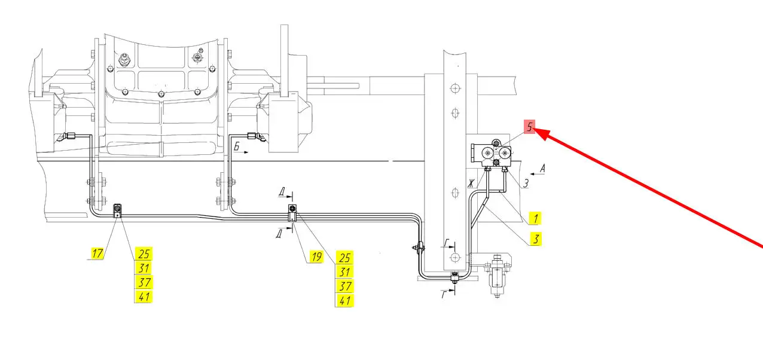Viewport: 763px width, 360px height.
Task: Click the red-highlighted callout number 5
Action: (x=529, y=127)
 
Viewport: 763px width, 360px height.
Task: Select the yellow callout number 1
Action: (x=535, y=218)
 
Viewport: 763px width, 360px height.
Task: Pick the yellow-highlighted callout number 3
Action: (x=536, y=239)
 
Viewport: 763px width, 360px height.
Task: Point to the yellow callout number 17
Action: (x=97, y=254)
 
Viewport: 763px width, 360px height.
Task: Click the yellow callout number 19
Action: (x=316, y=257)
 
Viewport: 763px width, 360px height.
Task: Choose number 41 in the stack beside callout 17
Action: (x=144, y=297)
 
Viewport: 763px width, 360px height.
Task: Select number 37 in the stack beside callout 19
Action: (x=344, y=286)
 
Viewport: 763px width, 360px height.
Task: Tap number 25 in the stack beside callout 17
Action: (x=144, y=254)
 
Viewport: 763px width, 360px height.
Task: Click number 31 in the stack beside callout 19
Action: (x=344, y=271)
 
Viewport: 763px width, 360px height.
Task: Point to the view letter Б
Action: (x=237, y=147)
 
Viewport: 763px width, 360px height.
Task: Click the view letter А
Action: (x=542, y=168)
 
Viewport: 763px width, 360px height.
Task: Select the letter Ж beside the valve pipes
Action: (x=471, y=184)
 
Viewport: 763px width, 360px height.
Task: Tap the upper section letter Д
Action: (x=282, y=193)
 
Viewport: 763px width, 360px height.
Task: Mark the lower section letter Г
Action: (x=444, y=294)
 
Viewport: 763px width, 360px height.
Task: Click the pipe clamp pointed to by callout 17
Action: (x=117, y=210)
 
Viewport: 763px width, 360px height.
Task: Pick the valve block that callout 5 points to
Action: (x=492, y=153)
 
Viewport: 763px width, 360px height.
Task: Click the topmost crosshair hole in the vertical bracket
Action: (x=455, y=89)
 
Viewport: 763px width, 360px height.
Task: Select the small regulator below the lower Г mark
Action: (x=497, y=275)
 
